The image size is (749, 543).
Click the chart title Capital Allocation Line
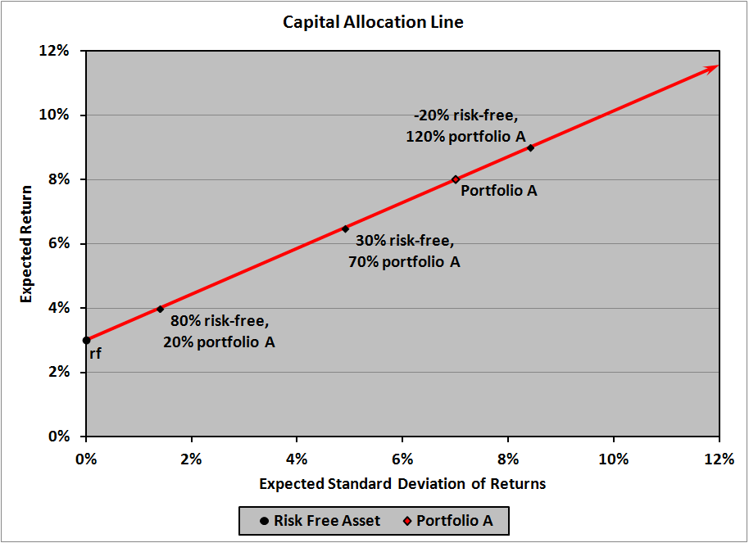coord(373,22)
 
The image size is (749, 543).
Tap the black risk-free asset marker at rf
coord(86,340)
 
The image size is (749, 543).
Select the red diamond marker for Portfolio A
coord(456,179)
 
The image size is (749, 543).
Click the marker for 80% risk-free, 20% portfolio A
coord(160,309)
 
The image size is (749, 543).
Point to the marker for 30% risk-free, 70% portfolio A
coord(345,229)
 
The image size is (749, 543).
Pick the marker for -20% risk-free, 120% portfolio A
coord(530,147)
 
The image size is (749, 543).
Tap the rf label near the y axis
coord(95,354)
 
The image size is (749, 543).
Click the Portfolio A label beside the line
coord(498,191)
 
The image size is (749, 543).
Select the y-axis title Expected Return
coord(26,243)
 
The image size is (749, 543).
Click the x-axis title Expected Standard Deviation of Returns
coord(402,483)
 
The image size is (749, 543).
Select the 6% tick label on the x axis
coord(402,459)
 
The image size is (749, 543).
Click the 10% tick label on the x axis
coord(614,459)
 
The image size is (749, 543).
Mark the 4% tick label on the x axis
coord(297,459)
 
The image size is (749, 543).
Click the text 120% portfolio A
coord(465,137)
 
